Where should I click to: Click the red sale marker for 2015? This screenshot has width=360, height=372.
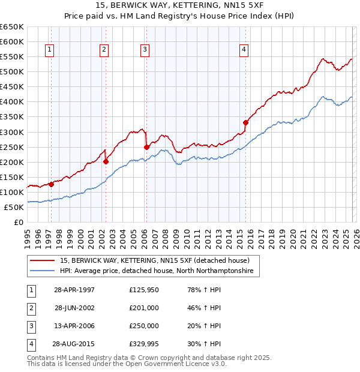pyautogui.click(x=245, y=122)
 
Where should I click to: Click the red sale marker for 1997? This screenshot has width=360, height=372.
pyautogui.click(x=51, y=184)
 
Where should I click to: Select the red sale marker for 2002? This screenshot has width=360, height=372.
pyautogui.click(x=106, y=161)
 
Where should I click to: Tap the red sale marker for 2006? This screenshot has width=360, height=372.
pyautogui.click(x=146, y=146)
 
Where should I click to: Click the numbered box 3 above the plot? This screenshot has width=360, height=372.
pyautogui.click(x=145, y=50)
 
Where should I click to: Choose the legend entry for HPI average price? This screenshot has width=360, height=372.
pyautogui.click(x=156, y=271)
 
